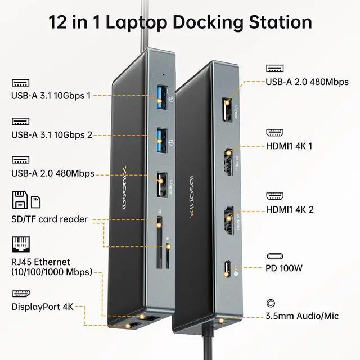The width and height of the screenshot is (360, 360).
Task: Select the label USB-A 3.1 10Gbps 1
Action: point(51,96)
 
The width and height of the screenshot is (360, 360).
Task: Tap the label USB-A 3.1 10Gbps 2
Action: point(51,134)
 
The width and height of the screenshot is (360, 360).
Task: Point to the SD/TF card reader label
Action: point(49,219)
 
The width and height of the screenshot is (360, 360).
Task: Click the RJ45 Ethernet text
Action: point(40,262)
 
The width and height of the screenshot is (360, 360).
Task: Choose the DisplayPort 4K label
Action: point(42,307)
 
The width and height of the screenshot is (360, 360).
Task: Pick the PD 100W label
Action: point(284,268)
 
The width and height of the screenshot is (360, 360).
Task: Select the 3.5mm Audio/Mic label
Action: point(302,316)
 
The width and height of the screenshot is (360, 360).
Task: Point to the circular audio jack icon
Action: point(272,303)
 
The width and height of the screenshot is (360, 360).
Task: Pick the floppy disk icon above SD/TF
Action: point(19,200)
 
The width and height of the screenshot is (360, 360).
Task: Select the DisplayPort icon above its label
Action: point(19,294)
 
